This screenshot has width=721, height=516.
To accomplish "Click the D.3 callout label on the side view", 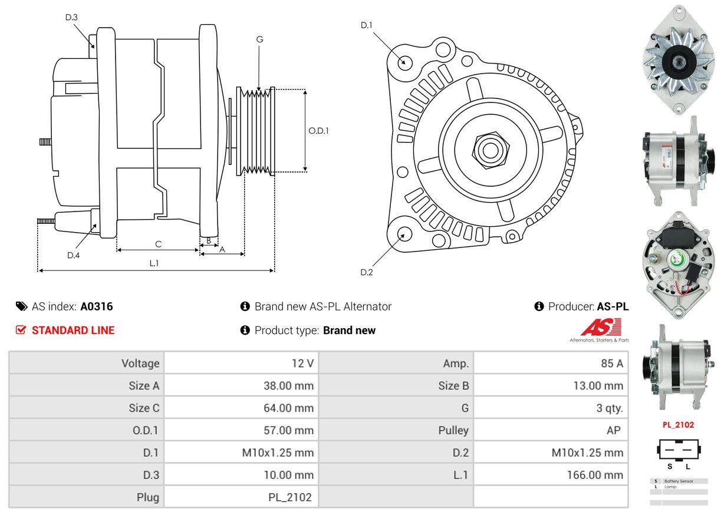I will tap(71, 17).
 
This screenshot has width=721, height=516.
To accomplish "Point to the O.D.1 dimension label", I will tap(318, 131).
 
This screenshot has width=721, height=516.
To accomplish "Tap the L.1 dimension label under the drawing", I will tap(154, 263).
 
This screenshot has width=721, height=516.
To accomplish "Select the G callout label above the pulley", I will tap(259, 39).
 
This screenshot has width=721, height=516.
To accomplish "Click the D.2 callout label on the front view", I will tap(367, 272).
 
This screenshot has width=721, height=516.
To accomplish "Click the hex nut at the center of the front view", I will tap(488, 150).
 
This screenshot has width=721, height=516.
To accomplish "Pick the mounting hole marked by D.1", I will tap(404, 61).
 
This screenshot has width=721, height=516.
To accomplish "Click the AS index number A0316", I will tap(97, 306).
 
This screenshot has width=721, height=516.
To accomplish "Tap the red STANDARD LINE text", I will tap(73, 330).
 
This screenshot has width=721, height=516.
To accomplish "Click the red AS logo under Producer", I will tap(601, 328).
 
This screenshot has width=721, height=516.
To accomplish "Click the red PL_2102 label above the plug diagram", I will tap(679, 425).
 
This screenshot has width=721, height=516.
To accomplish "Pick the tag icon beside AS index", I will tap(21, 306).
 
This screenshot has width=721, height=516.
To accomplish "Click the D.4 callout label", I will tap(73, 255).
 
